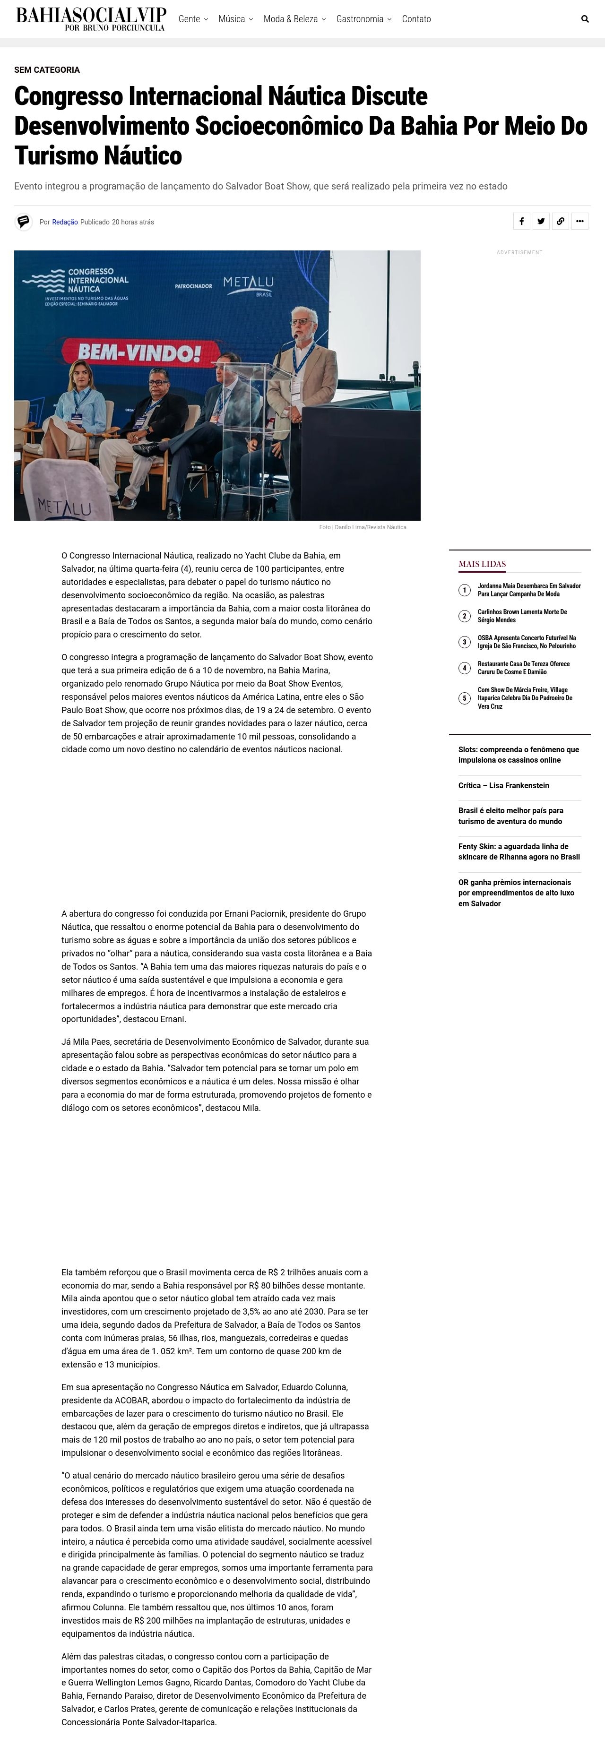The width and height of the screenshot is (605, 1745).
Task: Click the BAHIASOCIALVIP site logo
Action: pos(91,19)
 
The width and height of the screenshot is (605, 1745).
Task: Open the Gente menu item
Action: pos(192,19)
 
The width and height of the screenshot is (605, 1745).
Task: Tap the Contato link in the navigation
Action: pos(416,19)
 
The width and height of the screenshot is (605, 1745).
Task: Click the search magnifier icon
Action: pos(585,19)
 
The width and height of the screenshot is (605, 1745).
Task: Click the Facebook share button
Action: pos(521,222)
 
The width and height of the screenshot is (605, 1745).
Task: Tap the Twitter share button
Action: pos(541,222)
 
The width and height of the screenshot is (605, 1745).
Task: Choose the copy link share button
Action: pos(560,222)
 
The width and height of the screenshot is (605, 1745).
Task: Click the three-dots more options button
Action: pos(580,222)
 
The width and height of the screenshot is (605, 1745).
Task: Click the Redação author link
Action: pos(65,222)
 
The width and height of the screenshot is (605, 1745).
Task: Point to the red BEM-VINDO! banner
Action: pos(139,352)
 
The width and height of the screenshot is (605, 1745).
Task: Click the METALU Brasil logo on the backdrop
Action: pos(249,284)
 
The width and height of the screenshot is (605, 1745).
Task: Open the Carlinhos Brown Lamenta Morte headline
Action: pos(522,616)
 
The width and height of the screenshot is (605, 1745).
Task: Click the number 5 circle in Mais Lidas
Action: pos(464,698)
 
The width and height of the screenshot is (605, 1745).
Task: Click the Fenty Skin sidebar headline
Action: pos(519,851)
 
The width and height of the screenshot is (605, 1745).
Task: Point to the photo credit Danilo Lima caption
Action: pos(363,527)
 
